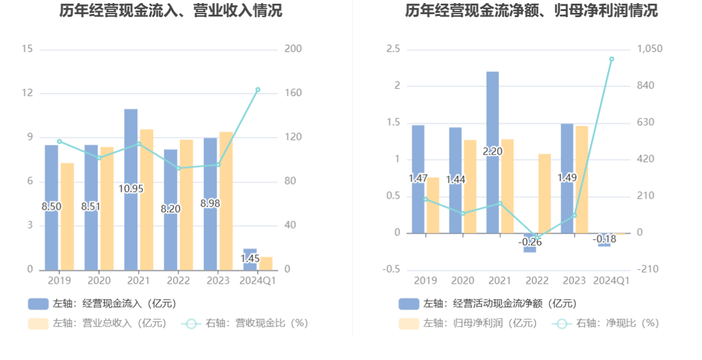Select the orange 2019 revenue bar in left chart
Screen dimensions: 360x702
click(x=67, y=216)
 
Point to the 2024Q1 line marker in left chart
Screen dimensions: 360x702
click(x=257, y=90)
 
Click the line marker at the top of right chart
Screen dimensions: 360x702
click(x=611, y=59)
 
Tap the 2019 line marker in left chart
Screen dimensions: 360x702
click(x=59, y=141)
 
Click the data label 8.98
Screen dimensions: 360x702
click(x=210, y=203)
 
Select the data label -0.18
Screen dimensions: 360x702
click(x=605, y=239)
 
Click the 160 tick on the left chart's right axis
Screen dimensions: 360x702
click(x=293, y=94)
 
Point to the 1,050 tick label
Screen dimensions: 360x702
click(x=650, y=49)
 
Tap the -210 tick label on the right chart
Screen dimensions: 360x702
click(x=648, y=270)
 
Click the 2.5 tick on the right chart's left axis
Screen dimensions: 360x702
click(x=393, y=49)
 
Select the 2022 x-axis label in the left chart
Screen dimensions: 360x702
click(x=178, y=281)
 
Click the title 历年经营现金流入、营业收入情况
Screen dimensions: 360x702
click(x=171, y=10)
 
